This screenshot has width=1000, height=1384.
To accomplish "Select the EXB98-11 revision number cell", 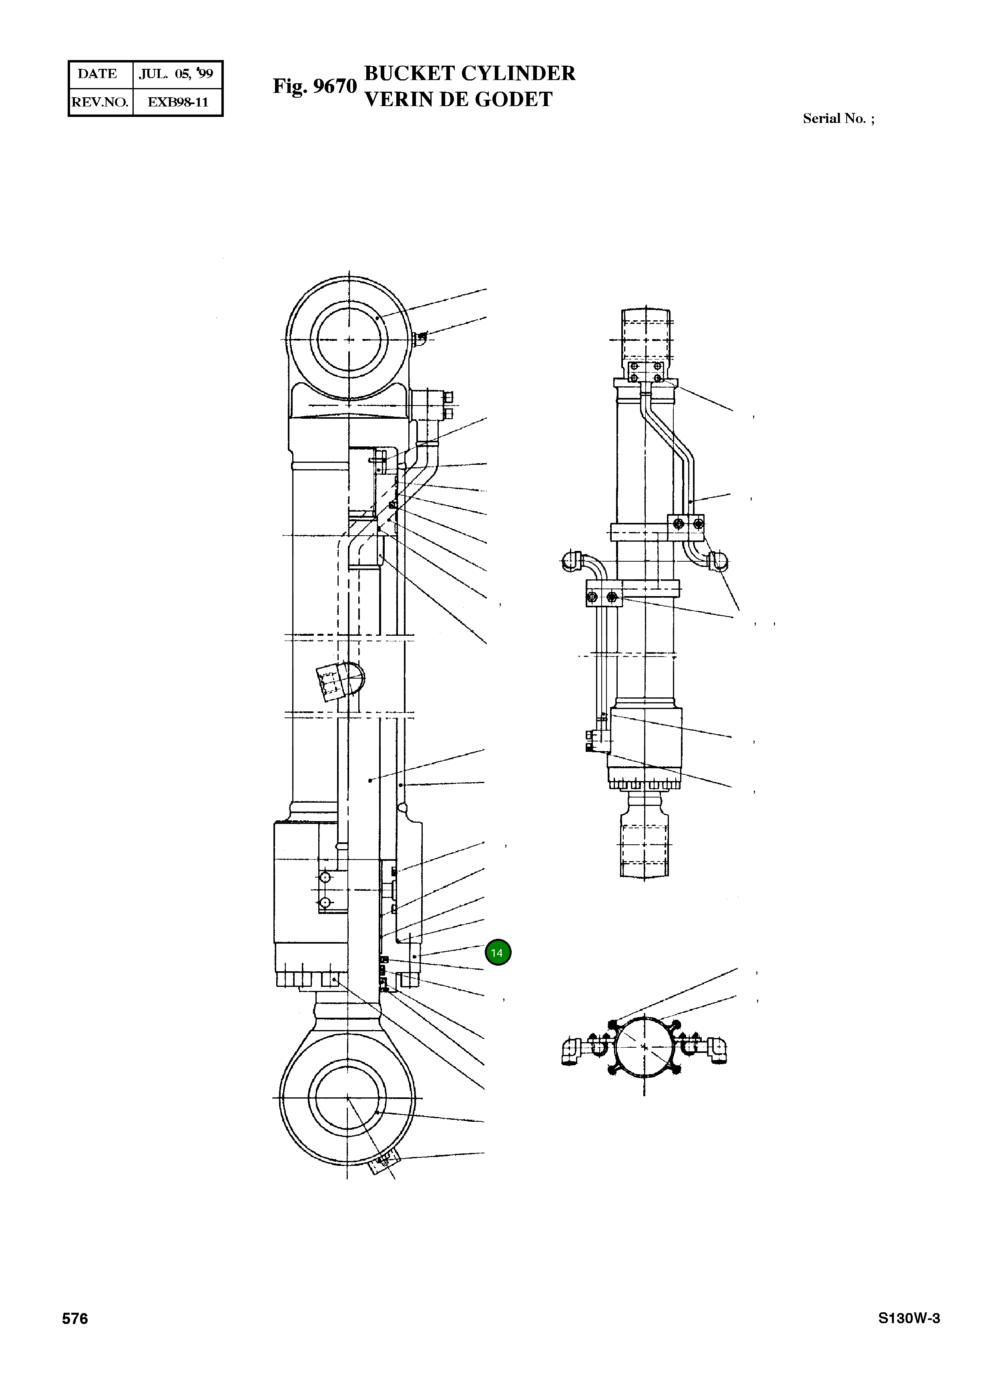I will [178, 102].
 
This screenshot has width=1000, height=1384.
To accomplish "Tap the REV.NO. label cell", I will [100, 102].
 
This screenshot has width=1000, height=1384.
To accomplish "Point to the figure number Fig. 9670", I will [314, 86].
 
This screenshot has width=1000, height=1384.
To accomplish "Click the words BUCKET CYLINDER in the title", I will [469, 73].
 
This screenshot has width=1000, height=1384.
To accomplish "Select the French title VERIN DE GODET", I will [458, 99].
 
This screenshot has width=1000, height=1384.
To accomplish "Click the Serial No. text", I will [838, 119].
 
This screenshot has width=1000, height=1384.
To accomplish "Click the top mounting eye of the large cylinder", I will [348, 339].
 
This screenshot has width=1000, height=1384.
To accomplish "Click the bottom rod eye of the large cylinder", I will [347, 1099].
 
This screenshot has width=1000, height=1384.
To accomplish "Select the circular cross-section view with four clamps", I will [644, 1047].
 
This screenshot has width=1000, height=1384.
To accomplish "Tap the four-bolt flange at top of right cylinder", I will [645, 372].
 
